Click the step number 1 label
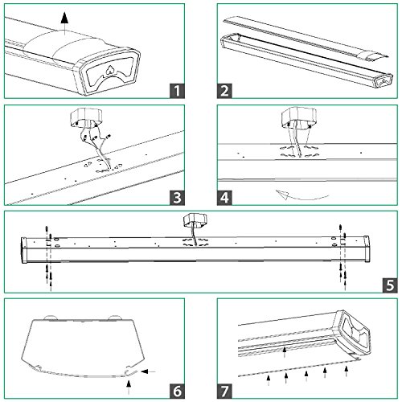click(x=177, y=91)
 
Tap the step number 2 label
click(x=224, y=91)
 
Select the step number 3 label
click(x=177, y=198)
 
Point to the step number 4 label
click(x=224, y=198)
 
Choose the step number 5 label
click(x=390, y=285)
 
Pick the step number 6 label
click(x=177, y=392)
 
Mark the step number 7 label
click(x=224, y=392)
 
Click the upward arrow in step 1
click(x=64, y=23)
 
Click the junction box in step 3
click(x=86, y=118)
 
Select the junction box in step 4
click(x=299, y=117)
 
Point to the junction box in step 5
click(x=195, y=220)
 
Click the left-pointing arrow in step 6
click(x=148, y=371)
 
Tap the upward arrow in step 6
click(x=129, y=387)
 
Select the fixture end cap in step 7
click(x=352, y=333)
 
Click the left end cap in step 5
click(x=24, y=250)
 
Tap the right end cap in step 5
click(x=367, y=249)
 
